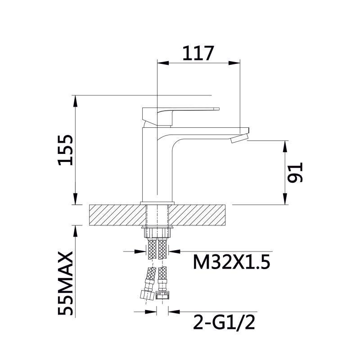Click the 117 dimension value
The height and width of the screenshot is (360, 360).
click(x=198, y=53)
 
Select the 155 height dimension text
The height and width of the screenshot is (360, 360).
click(x=65, y=150)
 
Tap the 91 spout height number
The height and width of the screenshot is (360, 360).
click(x=295, y=172)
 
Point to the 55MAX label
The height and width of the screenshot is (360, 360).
click(x=65, y=283)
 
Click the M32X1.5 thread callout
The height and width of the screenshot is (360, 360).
click(x=231, y=262)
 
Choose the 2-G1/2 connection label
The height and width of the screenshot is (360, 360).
click(x=224, y=322)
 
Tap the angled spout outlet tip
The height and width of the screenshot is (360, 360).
click(x=239, y=139)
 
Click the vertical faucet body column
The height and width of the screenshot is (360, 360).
click(x=157, y=165)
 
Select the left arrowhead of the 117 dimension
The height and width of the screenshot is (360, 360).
click(x=163, y=63)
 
